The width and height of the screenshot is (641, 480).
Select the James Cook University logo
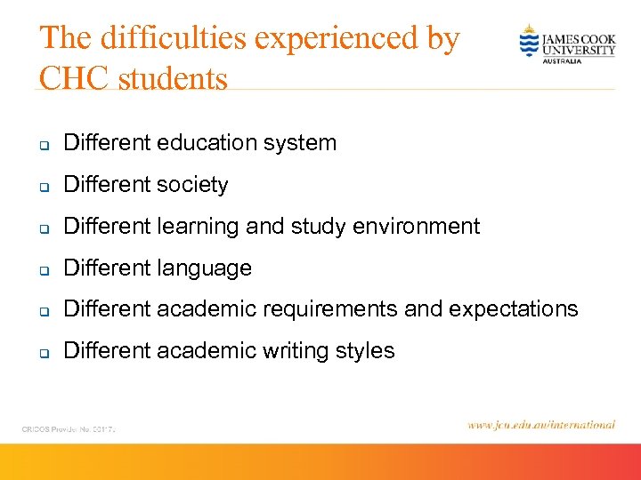567,43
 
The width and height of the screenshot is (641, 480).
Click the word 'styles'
365,351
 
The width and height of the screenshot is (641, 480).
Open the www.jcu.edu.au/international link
540,425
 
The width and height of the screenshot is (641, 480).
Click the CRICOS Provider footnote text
70,428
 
